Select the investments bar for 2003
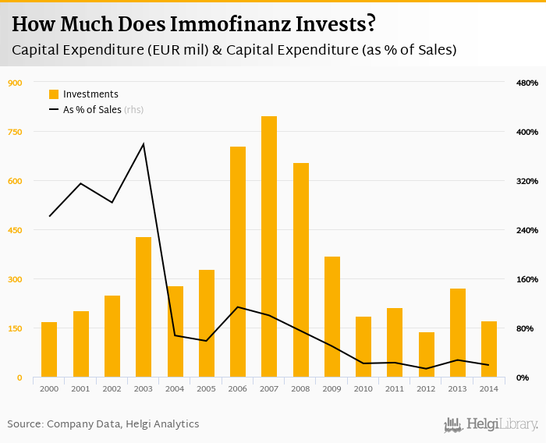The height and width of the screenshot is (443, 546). [144, 307]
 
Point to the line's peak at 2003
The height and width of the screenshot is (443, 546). [144, 144]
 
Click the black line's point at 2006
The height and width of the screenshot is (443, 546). [238, 307]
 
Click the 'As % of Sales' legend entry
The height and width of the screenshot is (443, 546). [92, 110]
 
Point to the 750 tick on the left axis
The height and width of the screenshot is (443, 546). [16, 132]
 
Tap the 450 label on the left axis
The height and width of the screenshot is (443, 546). [16, 230]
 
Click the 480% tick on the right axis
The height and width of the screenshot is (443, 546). [527, 83]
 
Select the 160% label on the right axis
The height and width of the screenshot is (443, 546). [527, 279]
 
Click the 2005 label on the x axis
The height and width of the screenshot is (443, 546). [207, 388]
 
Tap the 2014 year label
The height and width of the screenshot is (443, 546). [489, 388]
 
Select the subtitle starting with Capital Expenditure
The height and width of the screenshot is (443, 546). [234, 50]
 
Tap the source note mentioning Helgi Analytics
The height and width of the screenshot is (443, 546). [104, 424]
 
